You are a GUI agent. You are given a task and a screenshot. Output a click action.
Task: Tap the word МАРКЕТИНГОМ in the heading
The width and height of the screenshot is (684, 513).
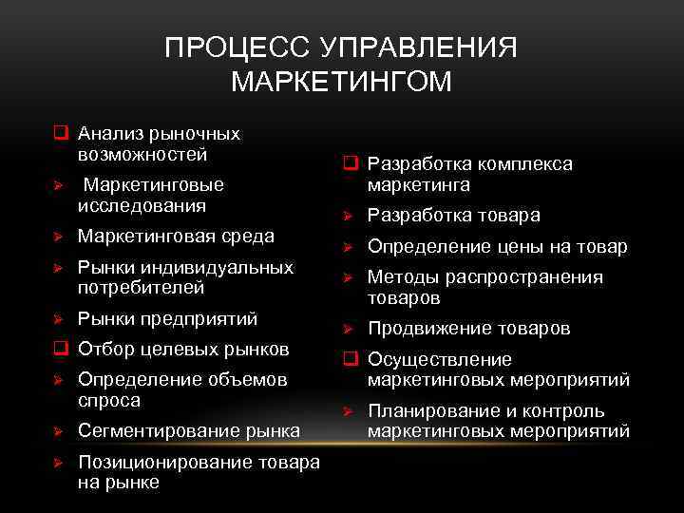coord(342,82)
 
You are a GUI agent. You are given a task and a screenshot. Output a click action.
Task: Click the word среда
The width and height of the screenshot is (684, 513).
coord(246,236)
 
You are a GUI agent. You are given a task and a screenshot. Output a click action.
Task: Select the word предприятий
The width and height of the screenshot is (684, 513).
coord(200,318)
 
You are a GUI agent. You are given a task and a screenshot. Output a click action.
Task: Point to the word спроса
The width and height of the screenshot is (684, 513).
coord(109,400)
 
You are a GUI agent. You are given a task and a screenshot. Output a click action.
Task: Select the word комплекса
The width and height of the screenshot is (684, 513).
coord(527,164)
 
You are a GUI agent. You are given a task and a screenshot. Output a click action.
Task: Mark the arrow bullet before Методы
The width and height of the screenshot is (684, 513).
coord(348,277)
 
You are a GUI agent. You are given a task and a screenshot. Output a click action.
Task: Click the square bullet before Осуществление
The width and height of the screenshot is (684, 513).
coord(348,360)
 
